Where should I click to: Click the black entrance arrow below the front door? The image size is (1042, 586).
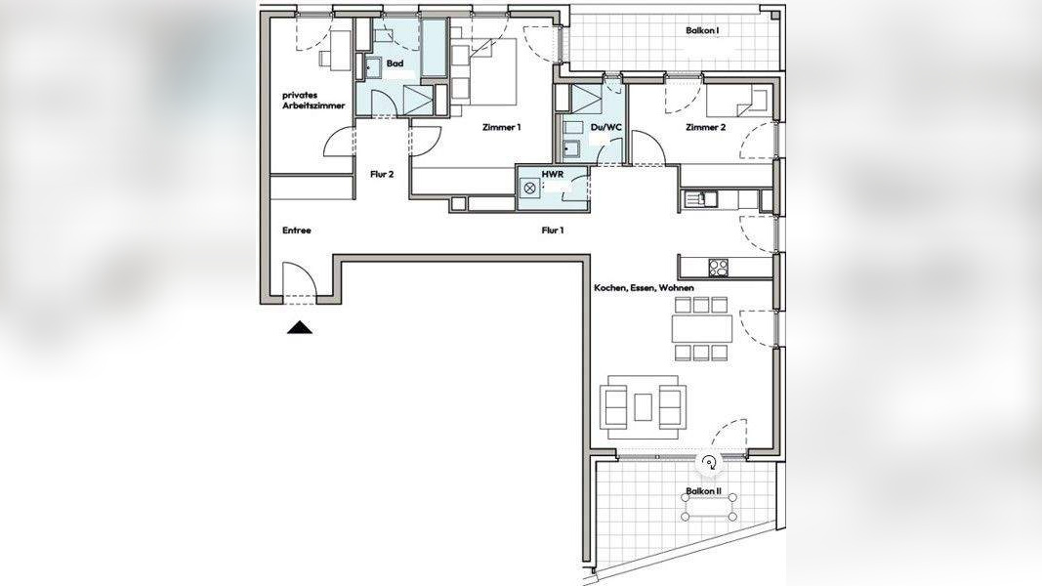click(300, 327)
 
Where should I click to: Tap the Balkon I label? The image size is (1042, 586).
click(703, 30)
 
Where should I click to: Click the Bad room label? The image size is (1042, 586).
click(395, 63)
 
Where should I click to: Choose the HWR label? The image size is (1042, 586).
click(551, 173)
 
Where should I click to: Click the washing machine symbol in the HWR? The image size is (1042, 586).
click(530, 188)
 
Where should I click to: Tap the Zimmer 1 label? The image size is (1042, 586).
click(502, 127)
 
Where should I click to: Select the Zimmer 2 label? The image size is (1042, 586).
click(706, 128)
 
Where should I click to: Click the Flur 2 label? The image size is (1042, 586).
click(382, 174)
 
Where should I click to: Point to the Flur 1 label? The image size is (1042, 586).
click(553, 230)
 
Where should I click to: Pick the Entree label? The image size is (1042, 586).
click(296, 230)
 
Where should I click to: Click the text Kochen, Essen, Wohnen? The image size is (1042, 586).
click(644, 288)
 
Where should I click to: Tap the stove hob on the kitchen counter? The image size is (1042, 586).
click(718, 267)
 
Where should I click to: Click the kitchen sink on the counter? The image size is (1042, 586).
click(698, 198)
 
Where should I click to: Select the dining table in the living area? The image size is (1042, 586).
click(702, 328)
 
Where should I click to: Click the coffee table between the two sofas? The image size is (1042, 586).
click(643, 407)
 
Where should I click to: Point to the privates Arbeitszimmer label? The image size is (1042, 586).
click(313, 101)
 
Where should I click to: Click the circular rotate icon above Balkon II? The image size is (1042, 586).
click(710, 463)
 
